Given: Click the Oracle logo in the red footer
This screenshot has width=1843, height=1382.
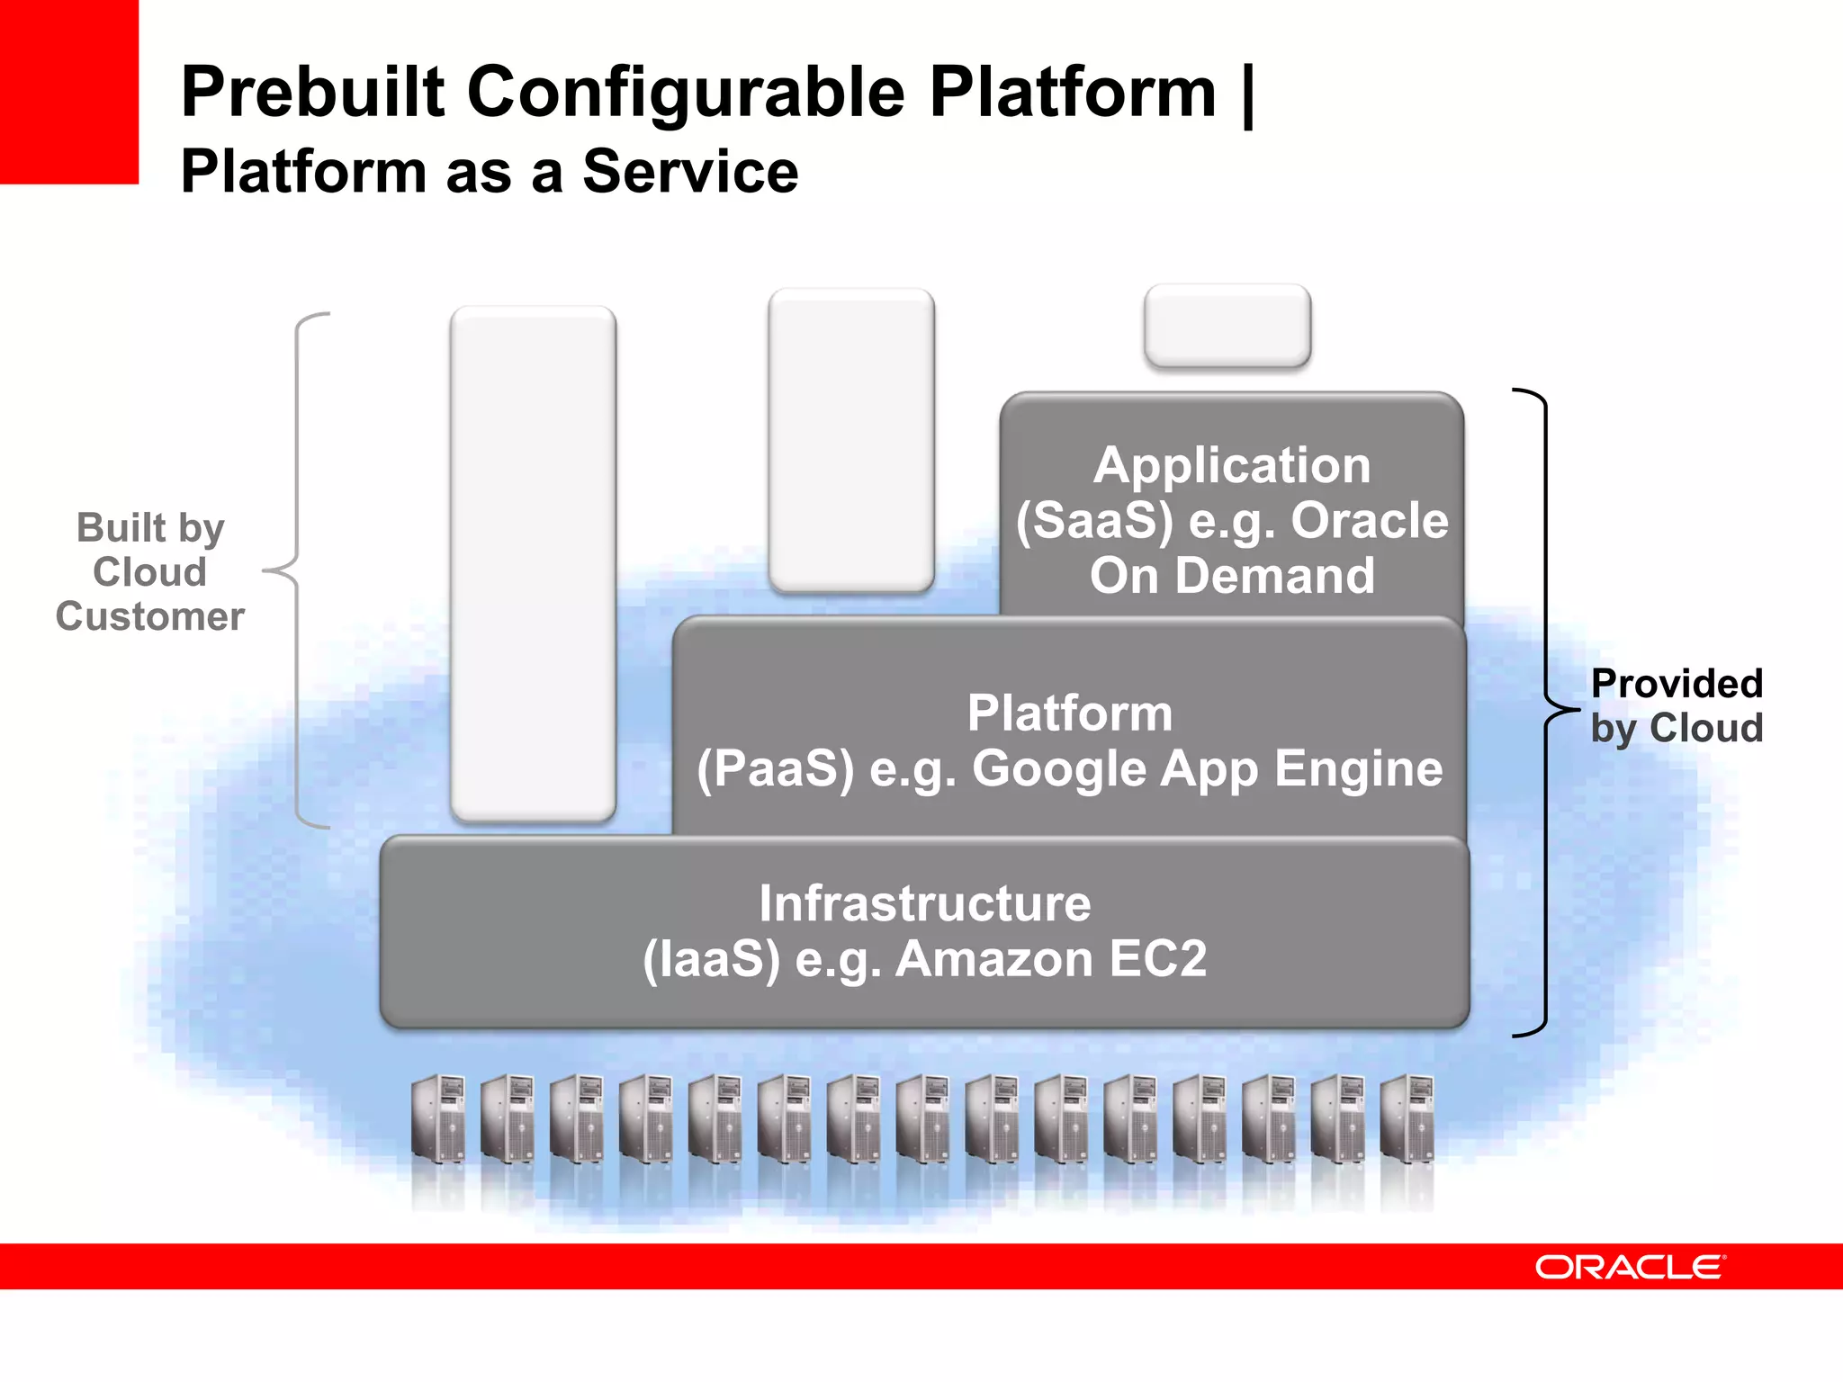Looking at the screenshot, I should [x=1630, y=1267].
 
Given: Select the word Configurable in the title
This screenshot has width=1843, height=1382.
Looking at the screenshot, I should [x=686, y=94].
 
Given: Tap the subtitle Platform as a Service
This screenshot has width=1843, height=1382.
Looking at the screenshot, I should [x=489, y=171].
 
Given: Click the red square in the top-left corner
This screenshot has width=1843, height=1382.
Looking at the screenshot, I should [x=68, y=91].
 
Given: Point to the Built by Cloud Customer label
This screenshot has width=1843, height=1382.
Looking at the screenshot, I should [x=150, y=572].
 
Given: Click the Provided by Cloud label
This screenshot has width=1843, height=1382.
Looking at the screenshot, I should [x=1676, y=705].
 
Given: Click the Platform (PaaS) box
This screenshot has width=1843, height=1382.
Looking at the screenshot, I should [x=1069, y=740].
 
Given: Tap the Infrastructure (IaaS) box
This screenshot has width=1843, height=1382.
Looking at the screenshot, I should [x=924, y=930].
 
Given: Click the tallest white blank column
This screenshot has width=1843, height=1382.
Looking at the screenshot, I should [x=534, y=563].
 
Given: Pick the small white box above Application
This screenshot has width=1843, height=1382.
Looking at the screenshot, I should [x=1227, y=326].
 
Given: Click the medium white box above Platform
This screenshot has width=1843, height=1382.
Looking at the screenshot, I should [x=851, y=441].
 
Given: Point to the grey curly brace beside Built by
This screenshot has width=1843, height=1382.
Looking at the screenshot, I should [x=297, y=570].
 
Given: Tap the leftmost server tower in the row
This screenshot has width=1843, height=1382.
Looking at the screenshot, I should [x=438, y=1119].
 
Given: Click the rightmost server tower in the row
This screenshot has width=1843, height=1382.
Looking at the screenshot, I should [x=1407, y=1119].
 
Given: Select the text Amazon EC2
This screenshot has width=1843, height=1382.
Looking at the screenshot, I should [x=1051, y=959].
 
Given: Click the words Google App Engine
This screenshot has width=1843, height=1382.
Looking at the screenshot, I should [x=1207, y=770].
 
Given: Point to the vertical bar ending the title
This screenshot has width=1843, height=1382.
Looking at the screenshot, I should [x=1247, y=95].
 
